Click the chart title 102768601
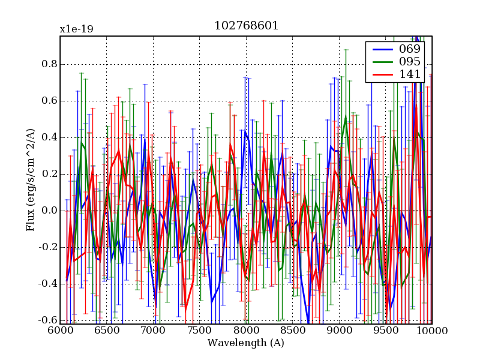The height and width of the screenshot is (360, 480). click(246, 26)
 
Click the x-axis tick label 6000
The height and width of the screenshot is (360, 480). click(60, 331)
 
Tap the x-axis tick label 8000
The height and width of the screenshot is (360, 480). click(246, 331)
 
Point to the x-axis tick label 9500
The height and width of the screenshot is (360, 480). click(385, 331)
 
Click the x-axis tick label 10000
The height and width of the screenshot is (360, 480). click(431, 331)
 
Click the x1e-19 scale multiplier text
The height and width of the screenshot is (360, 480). click(76, 29)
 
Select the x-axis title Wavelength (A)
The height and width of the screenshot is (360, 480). click(246, 343)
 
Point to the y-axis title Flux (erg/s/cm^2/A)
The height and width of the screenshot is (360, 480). click(31, 180)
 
